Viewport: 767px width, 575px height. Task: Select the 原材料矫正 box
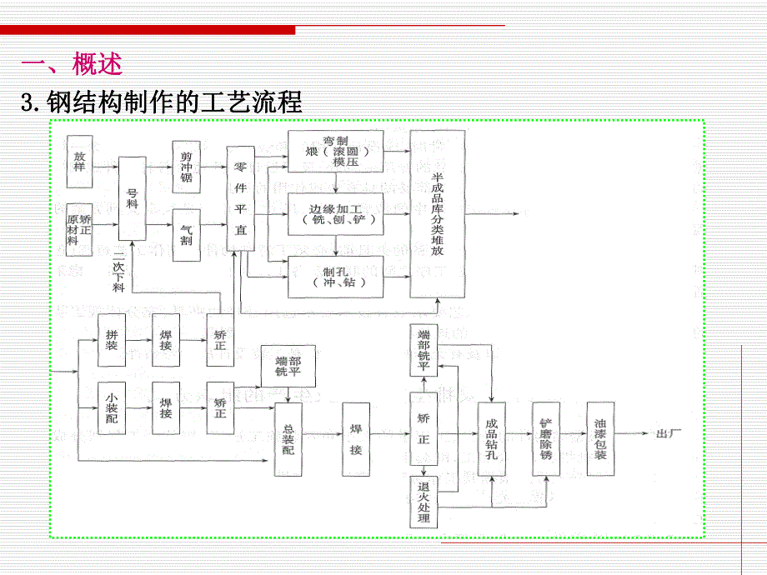[79, 228]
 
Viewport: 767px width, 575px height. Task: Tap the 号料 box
[132, 198]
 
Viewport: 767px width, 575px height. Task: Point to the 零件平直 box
[241, 198]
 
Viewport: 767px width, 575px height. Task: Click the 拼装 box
[112, 340]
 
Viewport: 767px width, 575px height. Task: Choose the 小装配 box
[112, 407]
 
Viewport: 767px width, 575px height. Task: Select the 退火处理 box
[424, 502]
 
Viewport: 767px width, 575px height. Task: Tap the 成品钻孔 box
[491, 438]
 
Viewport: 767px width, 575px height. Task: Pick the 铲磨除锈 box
[546, 438]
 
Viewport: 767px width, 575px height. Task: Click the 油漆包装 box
[600, 438]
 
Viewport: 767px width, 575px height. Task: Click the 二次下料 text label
[118, 271]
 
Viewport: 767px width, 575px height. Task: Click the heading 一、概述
[72, 63]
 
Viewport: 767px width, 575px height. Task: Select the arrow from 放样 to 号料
[105, 167]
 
